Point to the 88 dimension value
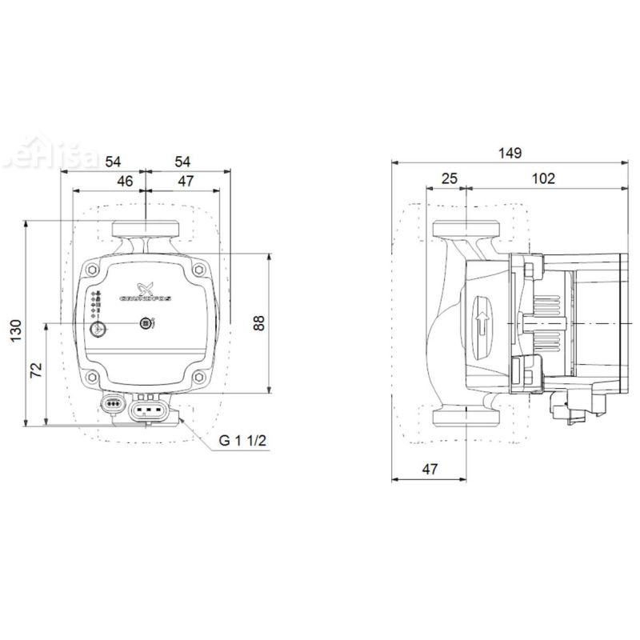pos(258,322)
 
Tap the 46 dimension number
pos(125,182)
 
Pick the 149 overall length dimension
pos(507,153)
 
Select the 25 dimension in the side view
pos(449,178)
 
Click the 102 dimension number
pos(543,178)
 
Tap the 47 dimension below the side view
pos(430,470)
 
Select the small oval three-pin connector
pos(112,405)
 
